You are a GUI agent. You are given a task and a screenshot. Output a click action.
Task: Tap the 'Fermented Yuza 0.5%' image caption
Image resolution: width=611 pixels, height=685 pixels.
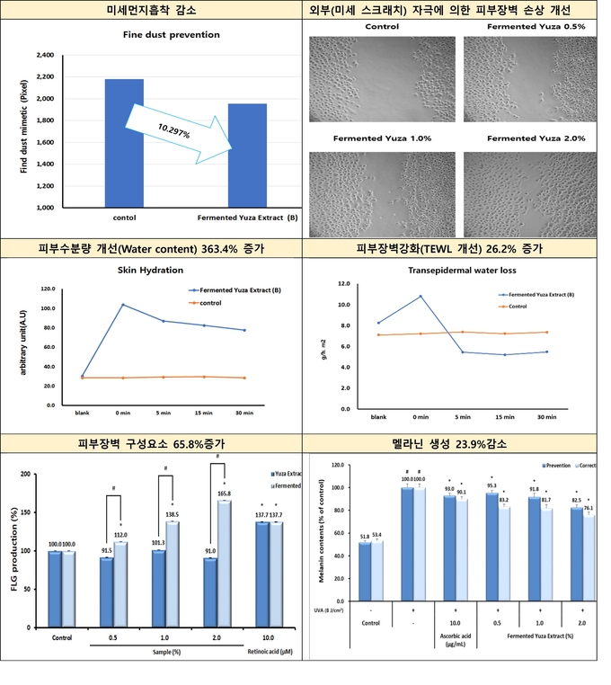coord(536,27)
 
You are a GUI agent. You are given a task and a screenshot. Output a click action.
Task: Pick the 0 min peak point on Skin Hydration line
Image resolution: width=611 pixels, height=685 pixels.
coord(123,305)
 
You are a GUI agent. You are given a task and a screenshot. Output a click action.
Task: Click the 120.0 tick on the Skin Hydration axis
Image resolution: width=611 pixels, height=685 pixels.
coord(49,289)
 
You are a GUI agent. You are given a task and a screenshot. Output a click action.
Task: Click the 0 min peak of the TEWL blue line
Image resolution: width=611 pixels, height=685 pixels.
coord(421,296)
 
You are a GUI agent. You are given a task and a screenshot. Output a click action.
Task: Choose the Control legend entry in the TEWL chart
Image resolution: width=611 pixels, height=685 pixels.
coord(515,307)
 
